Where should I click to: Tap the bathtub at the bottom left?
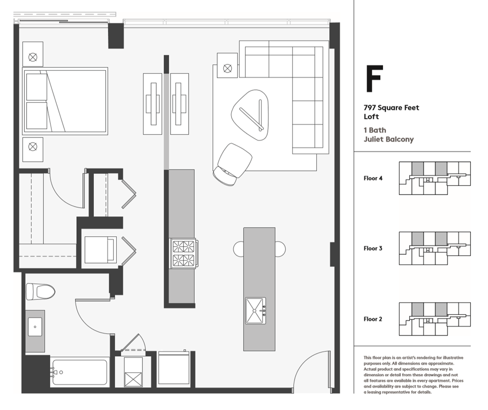pos(80,372)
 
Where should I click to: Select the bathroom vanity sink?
pos(35,328)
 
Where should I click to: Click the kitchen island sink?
pos(255,311)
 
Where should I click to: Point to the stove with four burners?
pos(183,253)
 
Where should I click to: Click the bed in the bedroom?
pos(65,101)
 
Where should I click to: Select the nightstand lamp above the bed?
pos(33,57)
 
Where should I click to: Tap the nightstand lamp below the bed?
pos(33,147)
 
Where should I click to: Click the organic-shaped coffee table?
pos(250,115)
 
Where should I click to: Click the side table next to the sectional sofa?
pos(227,65)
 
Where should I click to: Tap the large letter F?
pos(374,80)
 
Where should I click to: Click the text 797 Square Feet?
pos(391,108)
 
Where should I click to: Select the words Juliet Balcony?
pos(388,140)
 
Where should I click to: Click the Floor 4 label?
pos(373,179)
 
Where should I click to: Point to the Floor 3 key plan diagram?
pos(434,248)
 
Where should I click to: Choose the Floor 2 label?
pos(373,319)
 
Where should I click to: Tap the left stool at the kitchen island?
pos(238,249)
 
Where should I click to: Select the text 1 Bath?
pos(375,130)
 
